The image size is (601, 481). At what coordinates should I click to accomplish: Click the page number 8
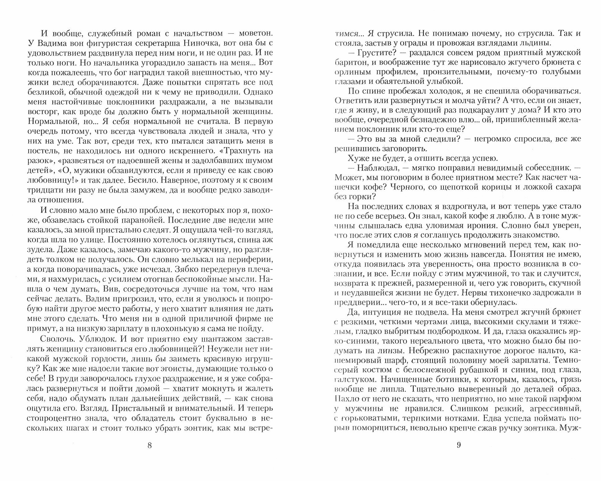click(x=150, y=445)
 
